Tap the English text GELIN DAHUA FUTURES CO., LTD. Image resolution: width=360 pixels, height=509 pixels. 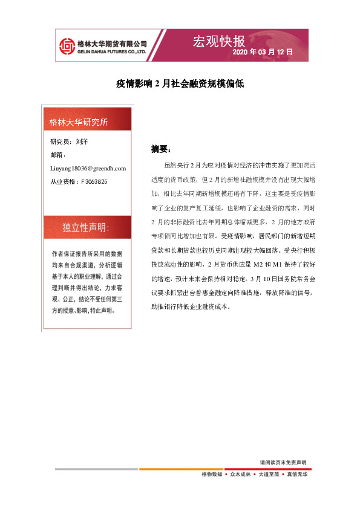pos(113,52)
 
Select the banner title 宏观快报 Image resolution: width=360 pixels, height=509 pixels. pos(218,41)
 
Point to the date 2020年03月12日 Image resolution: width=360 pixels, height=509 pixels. pos(263,53)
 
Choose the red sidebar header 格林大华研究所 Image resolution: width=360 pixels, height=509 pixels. pos(79,123)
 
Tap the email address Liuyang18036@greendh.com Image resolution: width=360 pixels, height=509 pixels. pos(88,168)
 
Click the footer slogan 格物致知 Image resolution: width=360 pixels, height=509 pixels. pos(212,475)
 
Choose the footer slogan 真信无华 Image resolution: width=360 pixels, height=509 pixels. pos(296,475)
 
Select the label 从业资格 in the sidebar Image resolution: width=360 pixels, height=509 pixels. pos(62,181)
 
